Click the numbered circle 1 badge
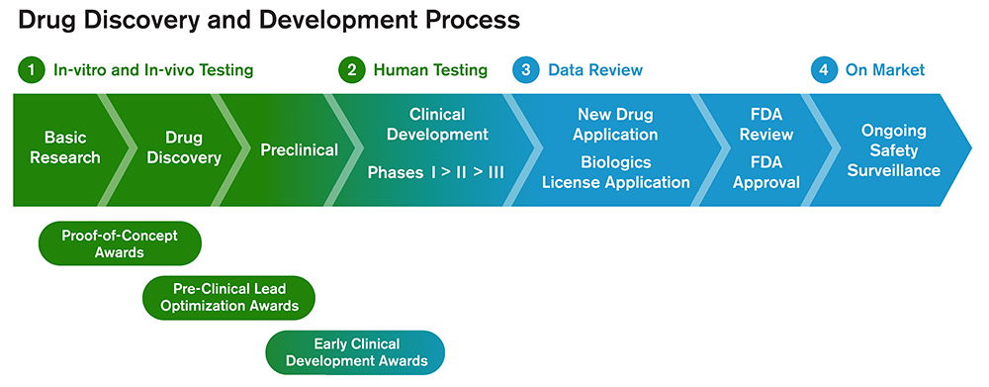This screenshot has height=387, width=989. click(x=32, y=70)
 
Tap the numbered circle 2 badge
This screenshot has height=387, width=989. click(x=351, y=70)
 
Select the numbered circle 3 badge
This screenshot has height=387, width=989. click(x=526, y=70)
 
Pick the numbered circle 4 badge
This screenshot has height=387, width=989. click(x=823, y=70)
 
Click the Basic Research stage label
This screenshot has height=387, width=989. click(x=65, y=147)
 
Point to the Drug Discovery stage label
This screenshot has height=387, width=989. click(x=184, y=147)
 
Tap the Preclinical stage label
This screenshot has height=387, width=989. click(x=299, y=150)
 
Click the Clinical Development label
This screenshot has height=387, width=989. click(x=437, y=125)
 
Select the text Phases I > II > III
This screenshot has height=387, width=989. click(x=436, y=172)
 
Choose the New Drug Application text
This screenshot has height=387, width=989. click(x=615, y=125)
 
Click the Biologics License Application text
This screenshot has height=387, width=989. click(x=616, y=172)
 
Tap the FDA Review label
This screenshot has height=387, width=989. click(x=766, y=125)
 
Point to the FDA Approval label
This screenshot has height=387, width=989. click(x=766, y=172)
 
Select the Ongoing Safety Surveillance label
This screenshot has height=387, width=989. click(x=894, y=150)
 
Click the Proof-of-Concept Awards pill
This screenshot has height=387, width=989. click(x=120, y=243)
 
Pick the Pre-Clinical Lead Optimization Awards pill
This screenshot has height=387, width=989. click(x=229, y=297)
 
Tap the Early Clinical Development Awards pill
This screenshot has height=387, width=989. click(x=356, y=352)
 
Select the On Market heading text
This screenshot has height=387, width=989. click(x=885, y=70)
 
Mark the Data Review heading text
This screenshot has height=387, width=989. click(x=595, y=70)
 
